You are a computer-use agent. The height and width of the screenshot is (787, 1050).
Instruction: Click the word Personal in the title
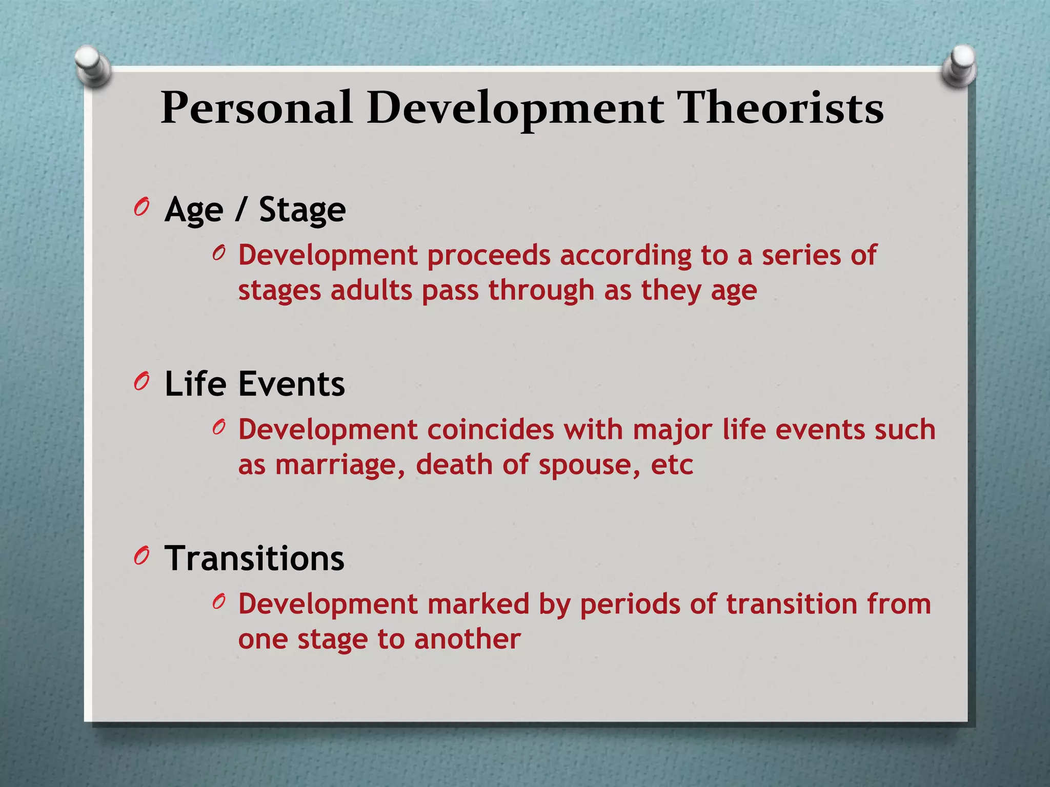[256, 109]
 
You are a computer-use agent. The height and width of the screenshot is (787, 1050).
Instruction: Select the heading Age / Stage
[255, 210]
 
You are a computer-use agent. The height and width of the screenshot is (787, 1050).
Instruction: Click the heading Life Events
[254, 384]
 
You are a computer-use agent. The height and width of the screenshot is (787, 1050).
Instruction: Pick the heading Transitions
[254, 558]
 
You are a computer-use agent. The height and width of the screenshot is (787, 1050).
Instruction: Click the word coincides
[491, 429]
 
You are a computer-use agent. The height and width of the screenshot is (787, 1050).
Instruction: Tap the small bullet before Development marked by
[219, 602]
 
